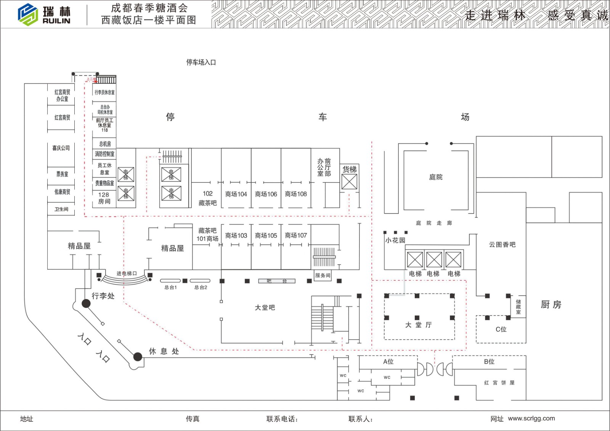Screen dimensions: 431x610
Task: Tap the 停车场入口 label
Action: point(201,62)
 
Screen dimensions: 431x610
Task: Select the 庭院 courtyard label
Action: point(436,177)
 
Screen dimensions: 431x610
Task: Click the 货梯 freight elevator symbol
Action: point(349,182)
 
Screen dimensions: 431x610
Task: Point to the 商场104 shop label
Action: point(236,194)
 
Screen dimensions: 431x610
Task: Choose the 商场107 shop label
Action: point(296,236)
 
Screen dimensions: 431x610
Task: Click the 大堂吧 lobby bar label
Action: point(265,308)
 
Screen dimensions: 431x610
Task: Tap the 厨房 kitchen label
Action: point(551,304)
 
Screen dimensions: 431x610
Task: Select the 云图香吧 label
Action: point(502,245)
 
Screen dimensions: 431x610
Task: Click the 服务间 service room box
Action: point(323,276)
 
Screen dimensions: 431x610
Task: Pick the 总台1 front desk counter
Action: point(170,281)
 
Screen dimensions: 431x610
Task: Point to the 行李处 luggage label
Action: point(103,296)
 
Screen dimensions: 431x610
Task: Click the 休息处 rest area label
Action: point(164,351)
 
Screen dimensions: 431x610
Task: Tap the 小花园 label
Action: point(395,240)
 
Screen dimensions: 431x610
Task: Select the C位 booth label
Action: point(501,330)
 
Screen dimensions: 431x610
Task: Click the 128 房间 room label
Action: point(104,198)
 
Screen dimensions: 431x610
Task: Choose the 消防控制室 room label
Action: point(104,154)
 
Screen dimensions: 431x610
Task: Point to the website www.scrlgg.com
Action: point(531,418)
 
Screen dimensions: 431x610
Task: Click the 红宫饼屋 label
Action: point(499,383)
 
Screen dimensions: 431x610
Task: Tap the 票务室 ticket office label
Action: point(62,174)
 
